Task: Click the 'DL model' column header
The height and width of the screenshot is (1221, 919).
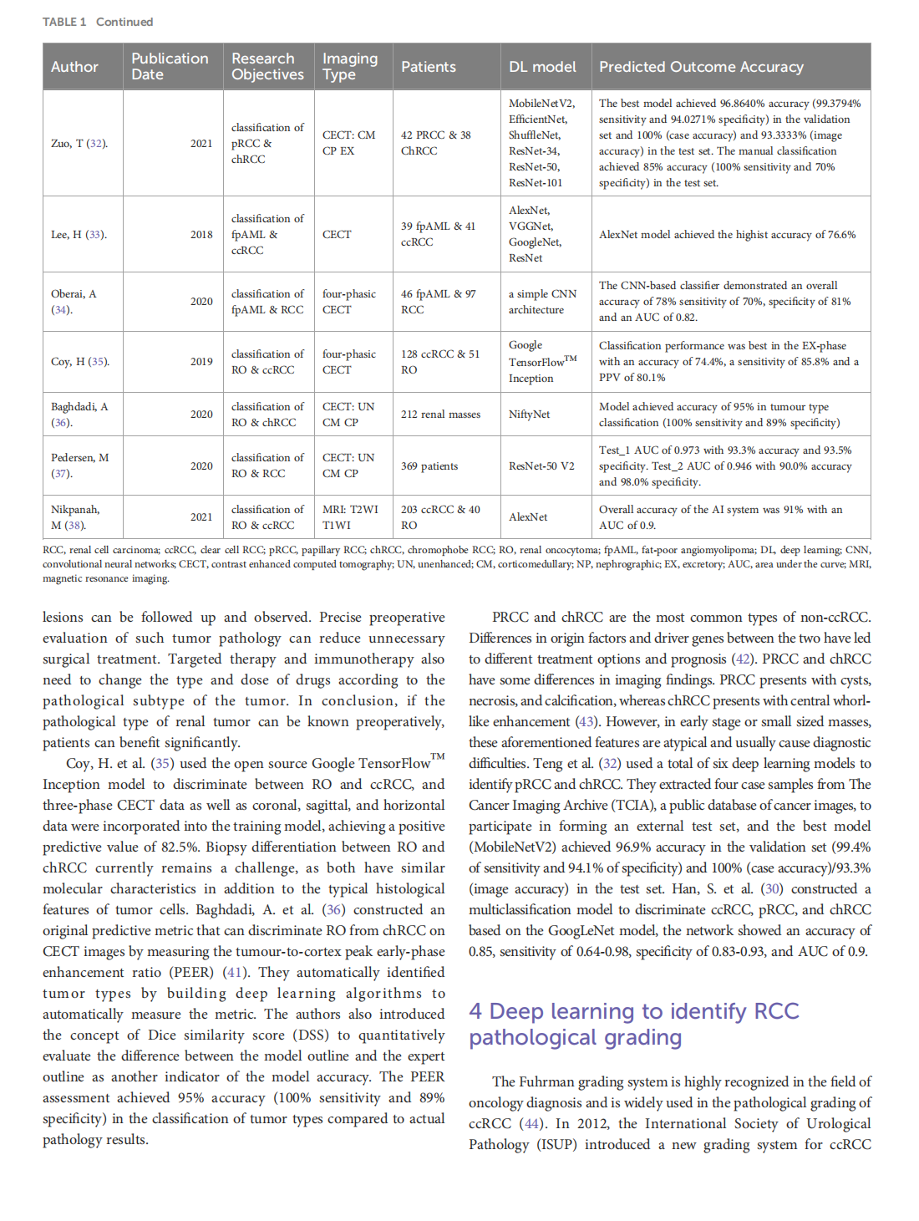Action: click(x=542, y=67)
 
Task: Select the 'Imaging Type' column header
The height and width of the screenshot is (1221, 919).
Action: click(x=350, y=67)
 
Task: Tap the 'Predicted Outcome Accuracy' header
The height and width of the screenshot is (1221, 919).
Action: click(x=701, y=67)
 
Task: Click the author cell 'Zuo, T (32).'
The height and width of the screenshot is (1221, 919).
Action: click(x=79, y=143)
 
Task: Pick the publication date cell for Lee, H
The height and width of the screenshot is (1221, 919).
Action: click(x=201, y=235)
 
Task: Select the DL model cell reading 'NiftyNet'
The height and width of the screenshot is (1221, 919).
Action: click(x=529, y=415)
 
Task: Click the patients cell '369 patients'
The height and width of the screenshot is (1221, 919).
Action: click(x=429, y=466)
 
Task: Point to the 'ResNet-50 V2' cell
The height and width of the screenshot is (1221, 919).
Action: click(x=541, y=466)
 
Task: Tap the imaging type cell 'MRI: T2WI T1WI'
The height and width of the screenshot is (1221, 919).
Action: click(x=350, y=517)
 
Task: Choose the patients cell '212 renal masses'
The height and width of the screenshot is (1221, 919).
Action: click(x=440, y=415)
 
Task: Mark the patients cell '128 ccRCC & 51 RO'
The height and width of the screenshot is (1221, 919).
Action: click(x=439, y=362)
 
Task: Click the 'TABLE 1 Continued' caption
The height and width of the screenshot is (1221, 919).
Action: click(x=98, y=22)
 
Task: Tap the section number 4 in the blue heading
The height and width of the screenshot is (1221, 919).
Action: click(x=475, y=1011)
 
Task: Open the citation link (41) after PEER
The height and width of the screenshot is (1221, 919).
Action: click(x=236, y=973)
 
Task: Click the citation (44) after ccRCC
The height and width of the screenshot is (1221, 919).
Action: click(x=532, y=1124)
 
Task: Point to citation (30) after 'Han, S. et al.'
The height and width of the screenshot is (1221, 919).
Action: click(x=773, y=889)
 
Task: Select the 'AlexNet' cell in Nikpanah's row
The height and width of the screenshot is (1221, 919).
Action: click(x=528, y=517)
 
